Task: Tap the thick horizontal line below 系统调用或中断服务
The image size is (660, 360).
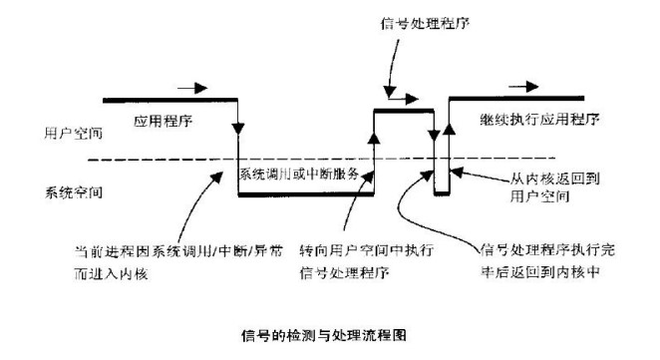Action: click(305, 194)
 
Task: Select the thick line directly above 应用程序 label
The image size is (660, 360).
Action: click(169, 100)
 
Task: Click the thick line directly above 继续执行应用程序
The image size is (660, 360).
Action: click(528, 100)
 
